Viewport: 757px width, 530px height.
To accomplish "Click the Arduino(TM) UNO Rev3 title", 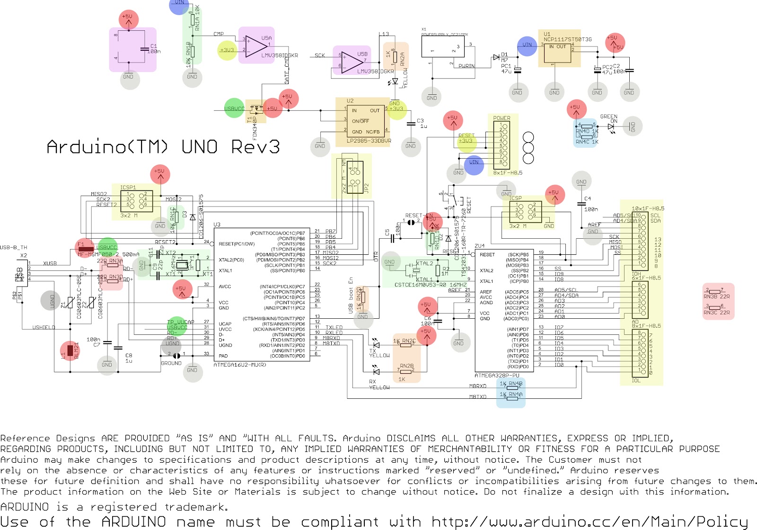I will coord(163,147).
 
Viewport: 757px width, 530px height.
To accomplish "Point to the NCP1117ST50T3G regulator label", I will coord(567,40).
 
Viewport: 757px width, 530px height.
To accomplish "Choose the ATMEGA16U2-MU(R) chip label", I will coord(240,365).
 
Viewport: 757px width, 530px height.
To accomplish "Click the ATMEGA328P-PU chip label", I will coord(497,376).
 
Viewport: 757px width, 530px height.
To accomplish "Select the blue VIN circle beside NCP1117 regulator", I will coord(527,45).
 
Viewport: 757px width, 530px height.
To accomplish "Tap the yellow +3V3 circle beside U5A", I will coord(227,50).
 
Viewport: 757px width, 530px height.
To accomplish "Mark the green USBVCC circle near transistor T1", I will coord(234,108).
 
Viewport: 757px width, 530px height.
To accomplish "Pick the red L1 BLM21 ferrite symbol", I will coord(70,350).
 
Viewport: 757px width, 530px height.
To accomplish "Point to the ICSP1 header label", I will coord(128,188).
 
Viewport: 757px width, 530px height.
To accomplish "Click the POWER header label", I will coord(502,118).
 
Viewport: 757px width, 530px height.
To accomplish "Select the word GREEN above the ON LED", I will coord(608,117).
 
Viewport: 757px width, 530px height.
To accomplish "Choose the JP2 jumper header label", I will coord(366,189).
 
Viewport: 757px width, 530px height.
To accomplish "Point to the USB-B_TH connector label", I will coord(14,247).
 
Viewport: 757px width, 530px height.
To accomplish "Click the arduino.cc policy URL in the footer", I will coord(590,522).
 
